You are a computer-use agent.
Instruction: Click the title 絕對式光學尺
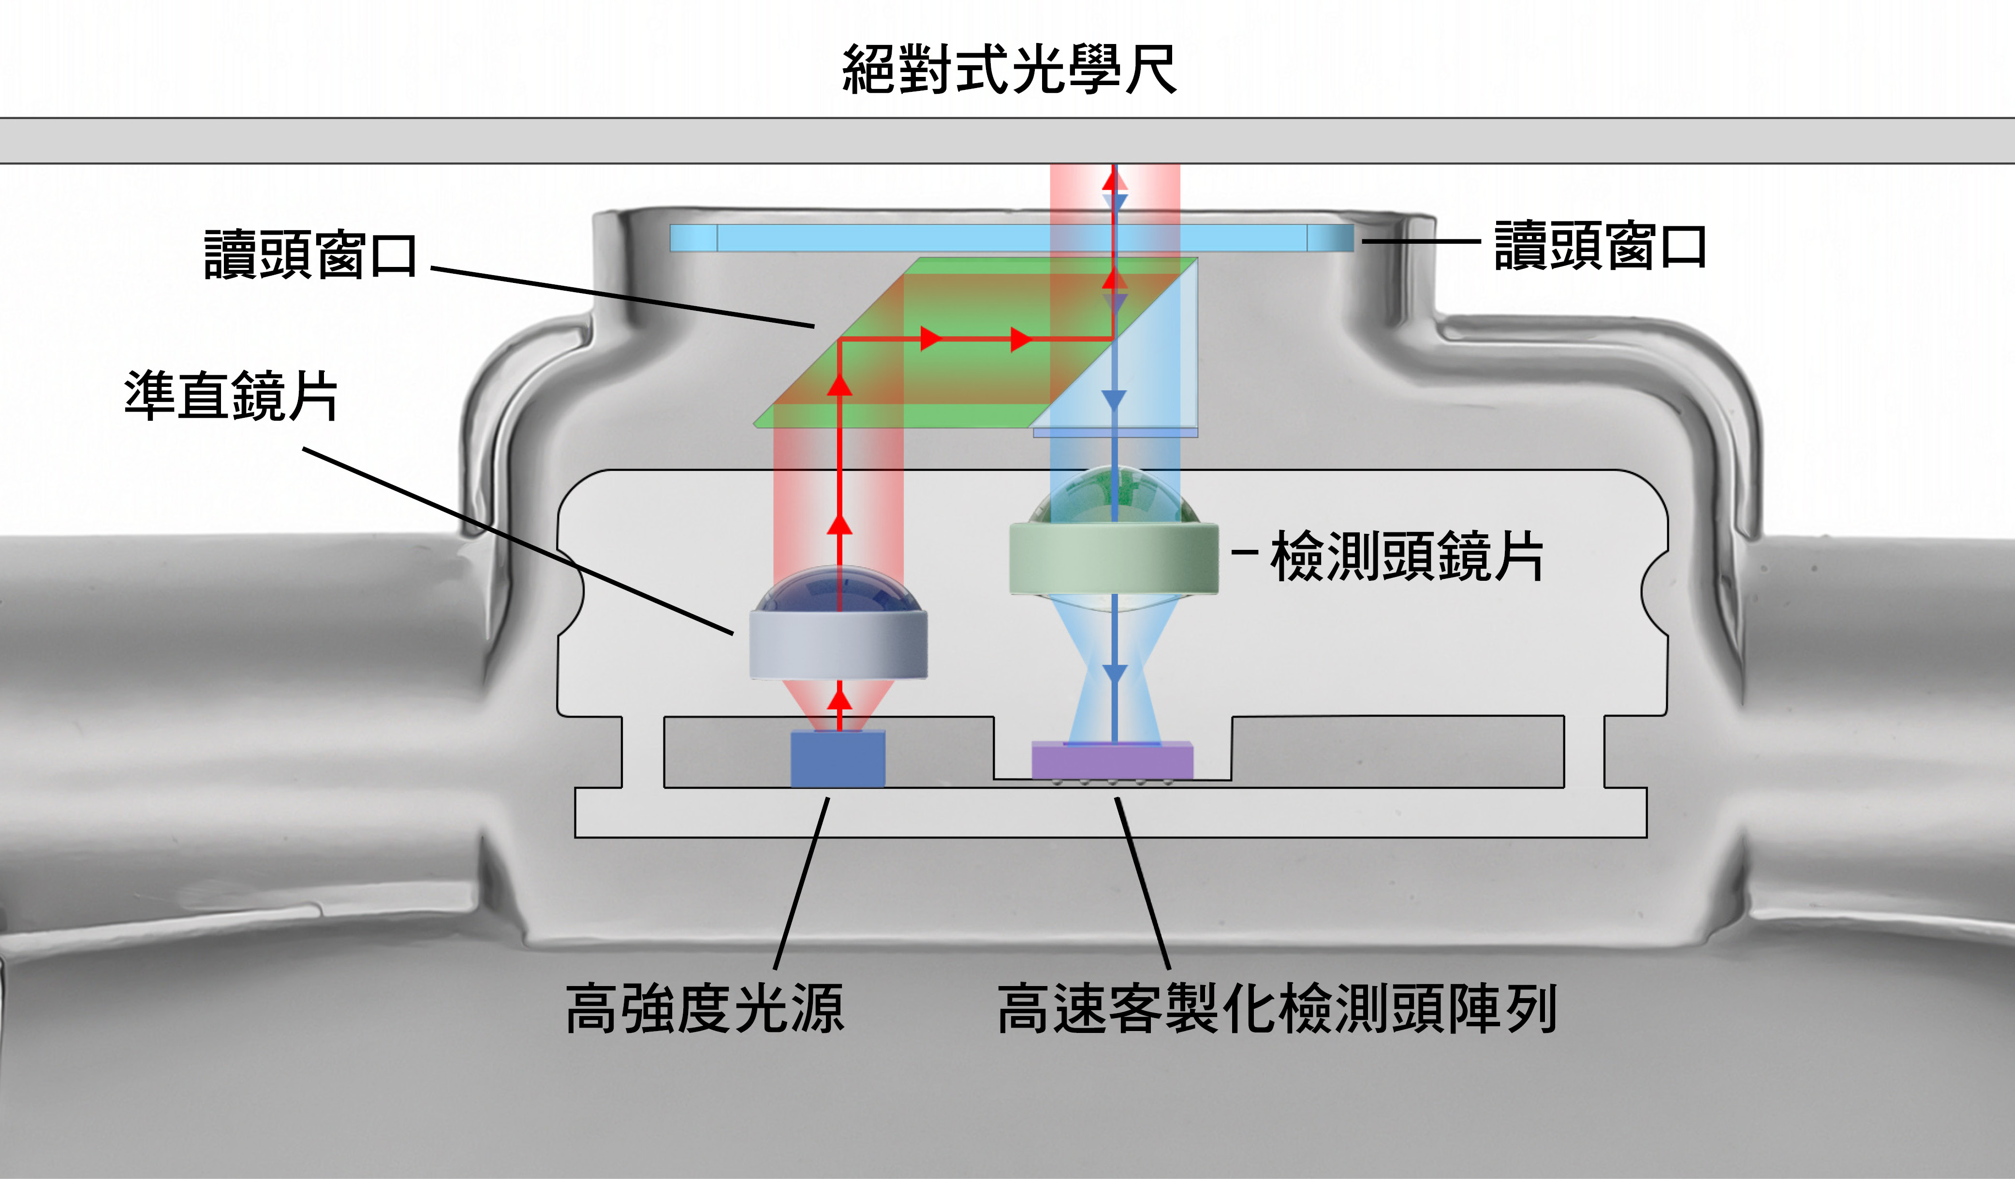[x=1009, y=70]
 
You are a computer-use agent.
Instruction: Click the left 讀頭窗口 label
[x=310, y=254]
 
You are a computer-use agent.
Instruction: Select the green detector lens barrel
[x=1113, y=558]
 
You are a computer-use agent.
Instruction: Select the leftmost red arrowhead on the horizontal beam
[x=931, y=339]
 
